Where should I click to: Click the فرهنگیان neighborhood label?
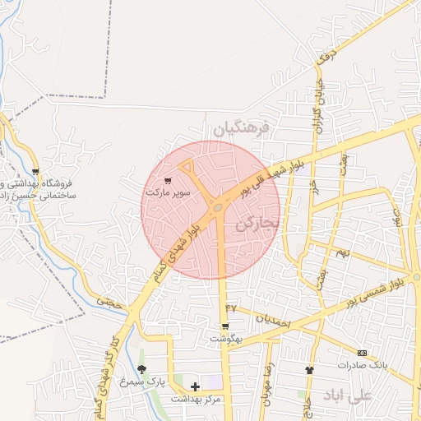240,129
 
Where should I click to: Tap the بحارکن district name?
257,224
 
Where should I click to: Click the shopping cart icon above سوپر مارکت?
169,180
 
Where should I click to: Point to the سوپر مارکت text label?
168,192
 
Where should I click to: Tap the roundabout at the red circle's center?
217,208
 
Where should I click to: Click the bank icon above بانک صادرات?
362,352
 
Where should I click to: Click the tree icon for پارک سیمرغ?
141,369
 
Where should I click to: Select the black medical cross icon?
195,386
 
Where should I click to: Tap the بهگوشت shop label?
223,339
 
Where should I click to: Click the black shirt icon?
309,370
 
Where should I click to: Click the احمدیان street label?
273,322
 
